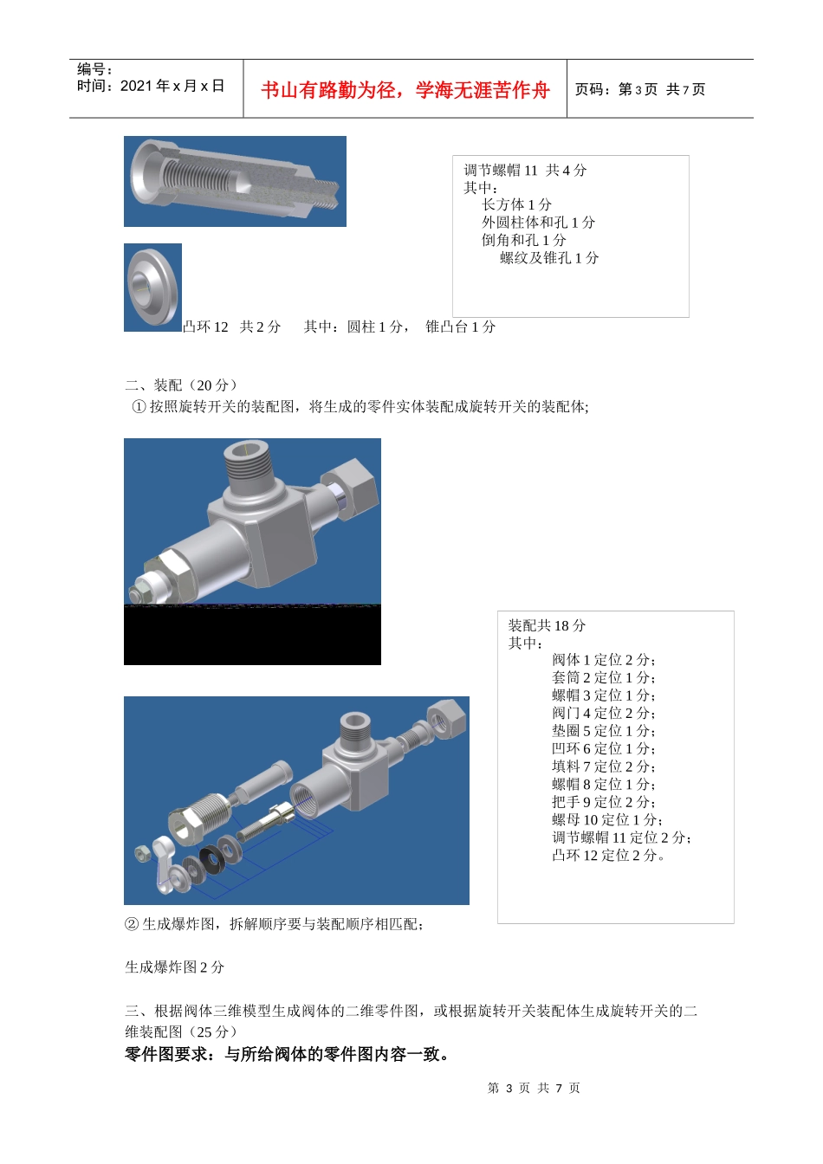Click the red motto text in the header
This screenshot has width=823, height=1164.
(405, 90)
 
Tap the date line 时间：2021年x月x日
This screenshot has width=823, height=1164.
(151, 86)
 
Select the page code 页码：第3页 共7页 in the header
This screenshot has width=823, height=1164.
(640, 89)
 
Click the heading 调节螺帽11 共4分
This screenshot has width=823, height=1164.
(525, 170)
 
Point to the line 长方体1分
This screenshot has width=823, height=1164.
(516, 204)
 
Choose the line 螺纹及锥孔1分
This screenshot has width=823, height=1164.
(549, 257)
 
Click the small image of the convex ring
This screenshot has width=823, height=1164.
(152, 288)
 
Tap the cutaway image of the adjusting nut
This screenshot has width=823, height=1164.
(235, 181)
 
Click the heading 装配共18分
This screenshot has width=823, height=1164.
(547, 625)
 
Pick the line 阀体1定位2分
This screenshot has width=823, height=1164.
(603, 659)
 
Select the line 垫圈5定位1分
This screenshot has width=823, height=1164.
(603, 730)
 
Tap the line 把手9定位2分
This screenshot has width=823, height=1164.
(603, 801)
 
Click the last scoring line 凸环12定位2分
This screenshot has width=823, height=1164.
(609, 855)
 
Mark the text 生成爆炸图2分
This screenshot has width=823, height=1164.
(174, 967)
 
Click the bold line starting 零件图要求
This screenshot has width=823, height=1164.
(288, 1054)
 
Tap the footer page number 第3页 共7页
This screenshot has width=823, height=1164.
(534, 1088)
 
